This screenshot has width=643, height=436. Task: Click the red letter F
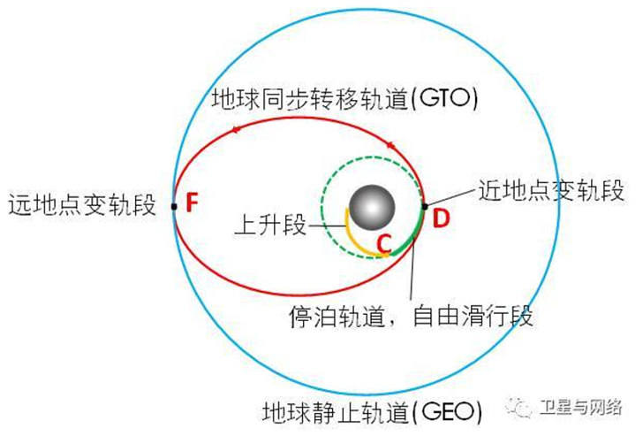[192, 202]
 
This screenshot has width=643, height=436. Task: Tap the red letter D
[442, 218]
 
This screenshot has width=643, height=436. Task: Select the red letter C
[385, 243]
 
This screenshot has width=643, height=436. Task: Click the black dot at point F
[174, 207]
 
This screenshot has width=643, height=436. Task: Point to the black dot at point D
[425, 206]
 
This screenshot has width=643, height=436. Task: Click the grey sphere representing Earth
[372, 207]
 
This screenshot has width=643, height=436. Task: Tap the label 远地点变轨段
[82, 204]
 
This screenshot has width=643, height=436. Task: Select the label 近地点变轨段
[551, 190]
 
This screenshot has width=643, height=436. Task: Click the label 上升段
[270, 226]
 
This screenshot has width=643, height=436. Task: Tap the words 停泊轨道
[337, 317]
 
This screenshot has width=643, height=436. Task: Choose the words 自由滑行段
[473, 316]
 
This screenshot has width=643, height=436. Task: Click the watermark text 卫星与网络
[581, 408]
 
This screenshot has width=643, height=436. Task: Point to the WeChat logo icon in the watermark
[519, 407]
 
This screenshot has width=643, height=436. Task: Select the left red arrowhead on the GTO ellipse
[235, 130]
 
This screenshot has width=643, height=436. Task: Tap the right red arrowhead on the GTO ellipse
[390, 145]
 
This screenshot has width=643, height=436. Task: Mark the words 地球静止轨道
[336, 413]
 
